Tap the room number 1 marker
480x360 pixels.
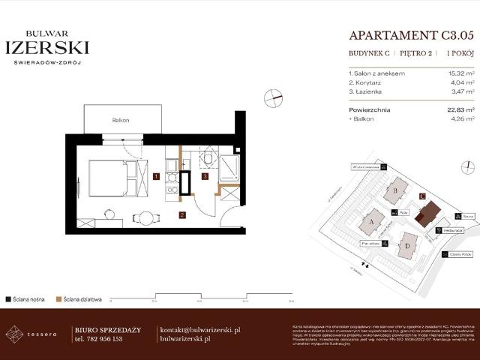(155, 177)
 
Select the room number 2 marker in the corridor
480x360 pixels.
(181, 215)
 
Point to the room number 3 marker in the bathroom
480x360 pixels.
(205, 177)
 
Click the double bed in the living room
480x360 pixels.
(112, 178)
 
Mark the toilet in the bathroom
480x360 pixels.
(208, 159)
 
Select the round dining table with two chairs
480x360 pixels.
(145, 218)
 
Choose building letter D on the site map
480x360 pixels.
(408, 245)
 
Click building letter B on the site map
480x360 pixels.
(395, 190)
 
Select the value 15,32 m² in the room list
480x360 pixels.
(458, 73)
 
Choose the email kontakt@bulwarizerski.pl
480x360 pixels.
(200, 330)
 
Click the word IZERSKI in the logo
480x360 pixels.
(47, 48)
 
